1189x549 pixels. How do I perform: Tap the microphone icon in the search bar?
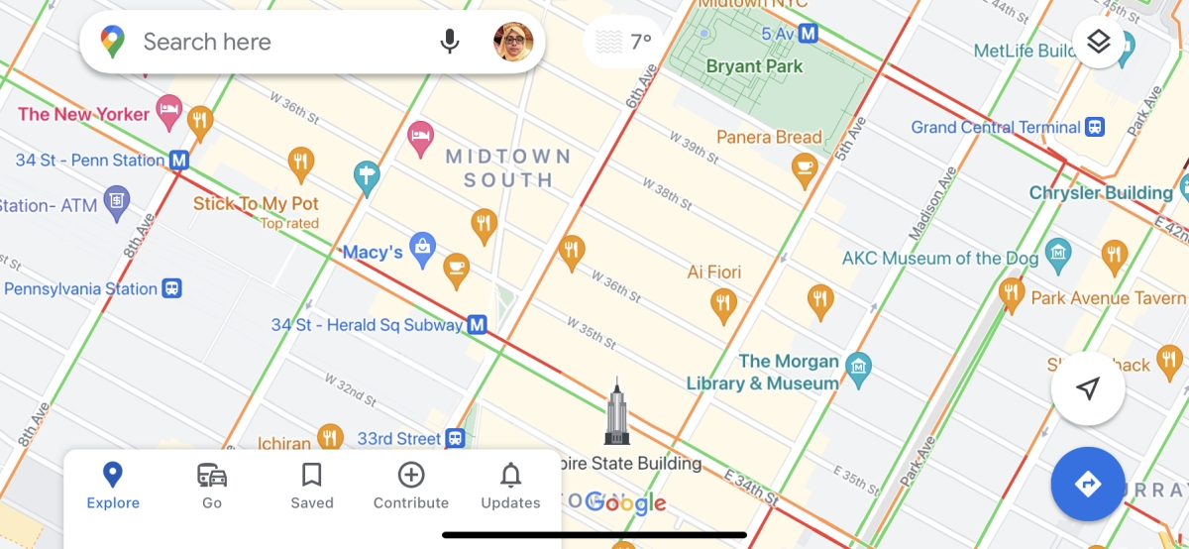(450, 42)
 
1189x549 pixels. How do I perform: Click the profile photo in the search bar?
(513, 42)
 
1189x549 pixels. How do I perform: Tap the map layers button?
(1098, 43)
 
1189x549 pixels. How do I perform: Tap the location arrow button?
(1088, 388)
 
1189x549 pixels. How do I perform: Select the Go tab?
(212, 486)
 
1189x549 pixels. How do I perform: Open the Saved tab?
(311, 486)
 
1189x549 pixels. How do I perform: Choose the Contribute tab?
(411, 486)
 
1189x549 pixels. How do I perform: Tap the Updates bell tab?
(510, 486)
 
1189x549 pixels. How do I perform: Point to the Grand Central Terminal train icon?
(1095, 127)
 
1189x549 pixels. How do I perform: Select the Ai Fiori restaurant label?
(714, 272)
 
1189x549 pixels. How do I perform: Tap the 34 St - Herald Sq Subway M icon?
(478, 324)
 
